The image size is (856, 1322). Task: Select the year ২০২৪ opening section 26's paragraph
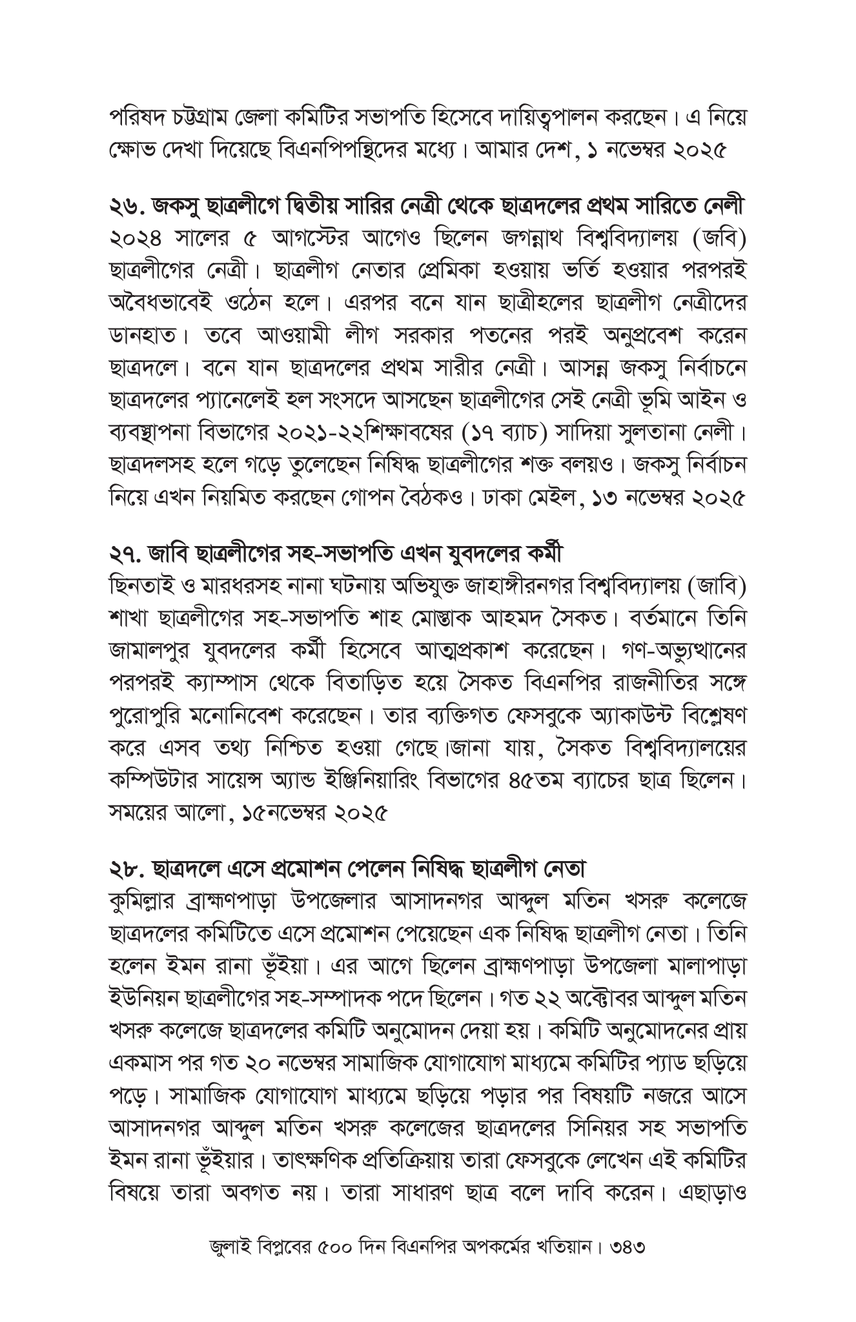[132, 238]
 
